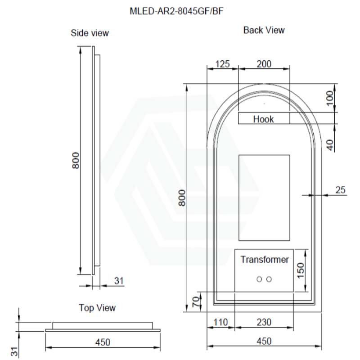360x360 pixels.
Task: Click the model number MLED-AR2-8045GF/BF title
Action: click(x=176, y=11)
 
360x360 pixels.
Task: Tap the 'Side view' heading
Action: click(x=90, y=33)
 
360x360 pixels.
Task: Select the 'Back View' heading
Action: click(x=264, y=30)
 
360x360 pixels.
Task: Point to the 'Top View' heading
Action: click(x=97, y=308)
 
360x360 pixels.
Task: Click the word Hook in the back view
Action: click(x=263, y=119)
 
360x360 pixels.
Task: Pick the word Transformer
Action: click(x=265, y=260)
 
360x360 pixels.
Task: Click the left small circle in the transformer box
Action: click(x=259, y=279)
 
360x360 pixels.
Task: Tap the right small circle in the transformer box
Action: click(x=269, y=279)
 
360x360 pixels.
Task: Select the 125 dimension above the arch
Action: click(x=222, y=64)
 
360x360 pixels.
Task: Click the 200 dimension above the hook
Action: click(x=264, y=64)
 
